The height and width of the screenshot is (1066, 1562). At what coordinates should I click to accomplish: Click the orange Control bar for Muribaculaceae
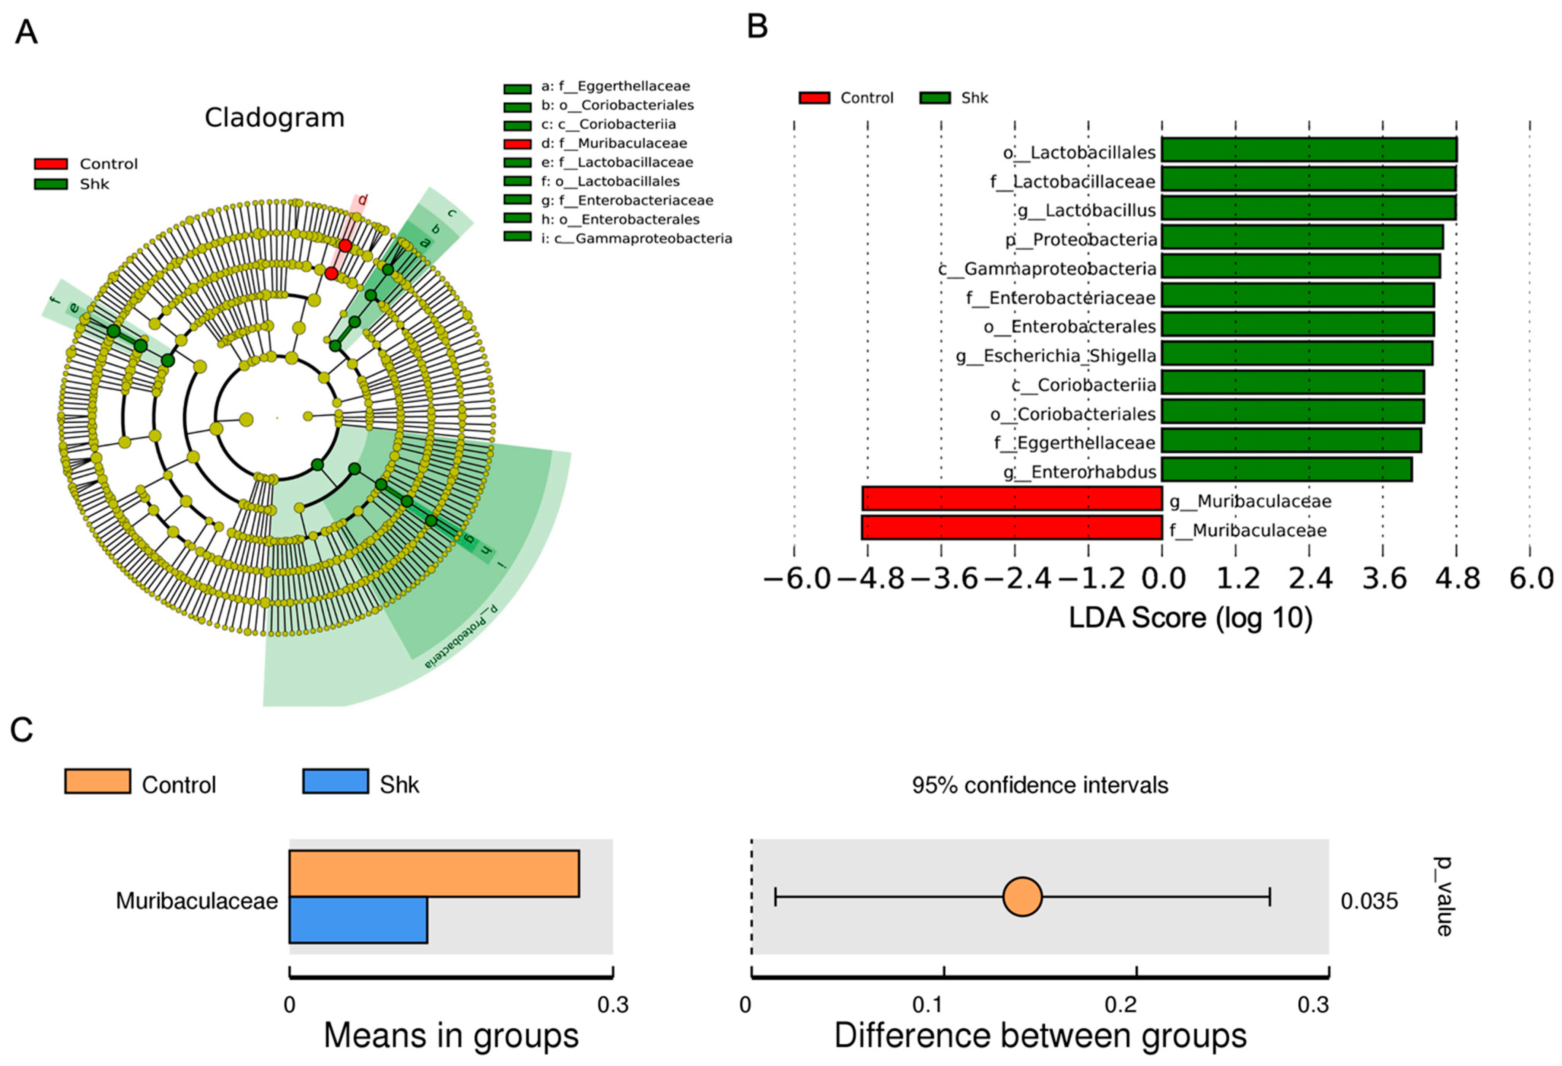434,873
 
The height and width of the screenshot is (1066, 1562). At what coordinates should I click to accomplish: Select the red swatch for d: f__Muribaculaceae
517,144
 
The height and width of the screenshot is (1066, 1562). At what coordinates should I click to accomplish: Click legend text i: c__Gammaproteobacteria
636,239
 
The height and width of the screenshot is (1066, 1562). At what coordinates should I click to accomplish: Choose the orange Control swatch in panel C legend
97,782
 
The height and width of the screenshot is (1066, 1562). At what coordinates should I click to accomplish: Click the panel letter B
758,27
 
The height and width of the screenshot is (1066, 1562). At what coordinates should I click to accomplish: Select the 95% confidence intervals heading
1040,785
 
